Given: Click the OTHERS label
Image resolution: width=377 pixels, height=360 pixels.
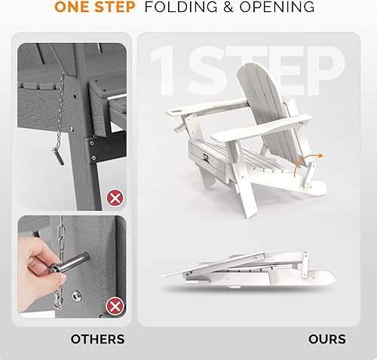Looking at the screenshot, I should (x=97, y=340).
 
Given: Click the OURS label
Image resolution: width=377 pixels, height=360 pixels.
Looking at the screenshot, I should (x=327, y=340).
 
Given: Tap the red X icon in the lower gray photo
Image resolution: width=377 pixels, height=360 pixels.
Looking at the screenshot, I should (x=115, y=305).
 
